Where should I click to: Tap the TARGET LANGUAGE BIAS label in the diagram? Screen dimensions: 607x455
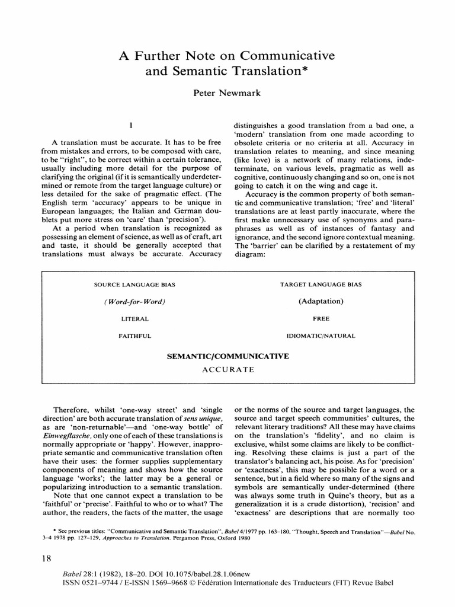pyautogui.click(x=321, y=285)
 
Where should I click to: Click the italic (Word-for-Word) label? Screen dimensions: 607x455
pyautogui.click(x=134, y=302)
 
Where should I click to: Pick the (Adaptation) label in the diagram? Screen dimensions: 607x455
pyautogui.click(x=321, y=301)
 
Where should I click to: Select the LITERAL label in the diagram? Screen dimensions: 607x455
pyautogui.click(x=134, y=318)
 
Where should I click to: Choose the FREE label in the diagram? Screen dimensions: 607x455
pyautogui.click(x=321, y=318)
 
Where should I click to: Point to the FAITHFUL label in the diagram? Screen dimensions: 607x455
pyautogui.click(x=134, y=336)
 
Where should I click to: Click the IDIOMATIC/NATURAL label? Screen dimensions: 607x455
pyautogui.click(x=321, y=336)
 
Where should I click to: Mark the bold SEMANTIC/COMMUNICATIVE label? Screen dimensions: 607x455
pyautogui.click(x=227, y=356)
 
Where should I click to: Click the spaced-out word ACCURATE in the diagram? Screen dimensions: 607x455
pyautogui.click(x=227, y=369)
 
